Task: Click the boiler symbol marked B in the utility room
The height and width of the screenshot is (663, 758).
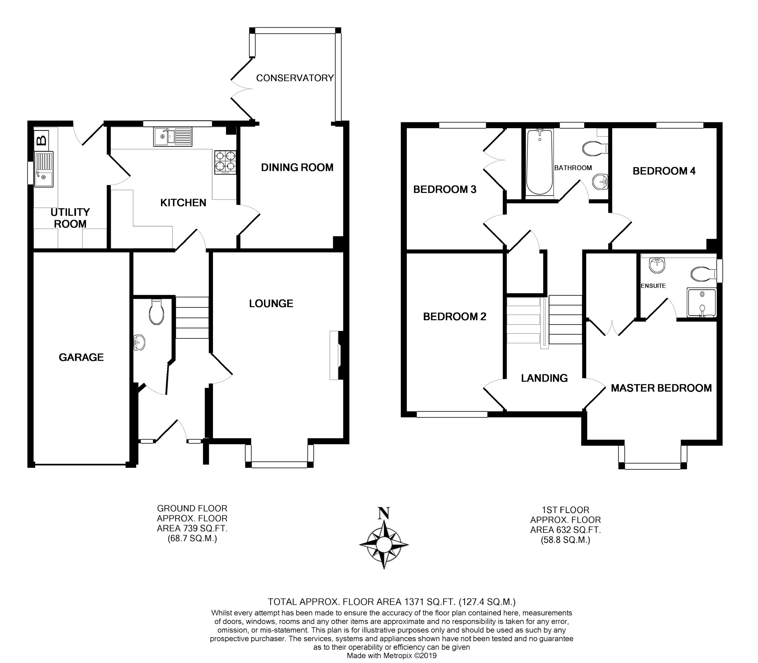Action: [x=41, y=141]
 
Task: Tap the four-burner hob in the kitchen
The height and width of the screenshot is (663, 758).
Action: [x=225, y=162]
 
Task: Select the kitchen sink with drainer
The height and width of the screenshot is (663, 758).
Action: [x=173, y=136]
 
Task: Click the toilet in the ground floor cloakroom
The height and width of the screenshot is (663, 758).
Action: [x=156, y=312]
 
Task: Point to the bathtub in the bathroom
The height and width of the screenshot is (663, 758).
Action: [x=539, y=163]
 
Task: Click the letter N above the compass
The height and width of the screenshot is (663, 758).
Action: [x=384, y=513]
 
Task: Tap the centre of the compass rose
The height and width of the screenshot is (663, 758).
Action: [x=384, y=544]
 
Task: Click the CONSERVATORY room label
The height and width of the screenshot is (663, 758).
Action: [x=295, y=78]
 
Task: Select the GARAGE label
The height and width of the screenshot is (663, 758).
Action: [x=81, y=357]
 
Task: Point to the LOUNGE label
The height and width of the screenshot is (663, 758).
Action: [x=271, y=304]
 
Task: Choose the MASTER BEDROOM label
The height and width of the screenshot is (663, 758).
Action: [x=661, y=388]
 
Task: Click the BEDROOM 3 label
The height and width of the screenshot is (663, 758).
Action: [x=445, y=190]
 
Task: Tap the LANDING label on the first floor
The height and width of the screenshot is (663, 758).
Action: [x=544, y=378]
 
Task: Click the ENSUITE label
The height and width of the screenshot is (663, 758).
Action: [x=653, y=286]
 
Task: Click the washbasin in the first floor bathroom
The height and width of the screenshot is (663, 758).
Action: [x=600, y=182]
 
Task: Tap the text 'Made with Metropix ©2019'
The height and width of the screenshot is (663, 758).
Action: [x=392, y=656]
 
